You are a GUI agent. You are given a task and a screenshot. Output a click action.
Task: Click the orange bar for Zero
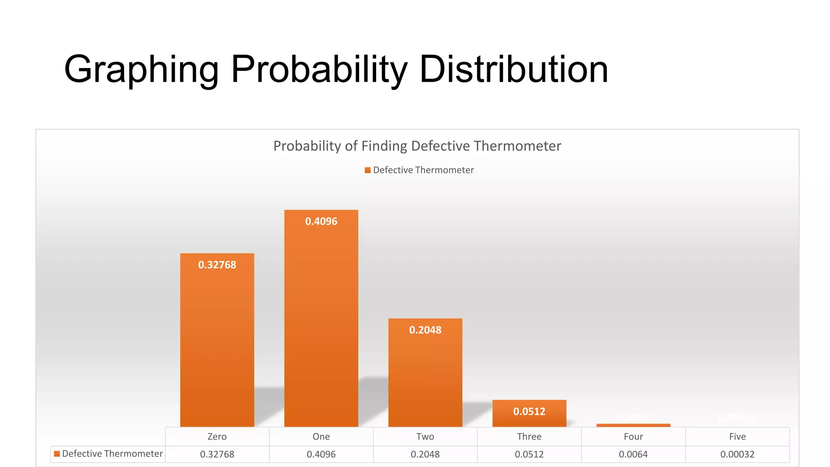click(x=217, y=345)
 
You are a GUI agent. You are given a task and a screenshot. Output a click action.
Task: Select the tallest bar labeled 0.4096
click(x=321, y=320)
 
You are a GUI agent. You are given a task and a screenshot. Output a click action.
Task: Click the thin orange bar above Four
click(x=633, y=425)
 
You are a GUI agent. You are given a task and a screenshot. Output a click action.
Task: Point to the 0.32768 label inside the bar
click(x=217, y=265)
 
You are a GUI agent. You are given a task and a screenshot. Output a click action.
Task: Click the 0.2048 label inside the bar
click(x=425, y=330)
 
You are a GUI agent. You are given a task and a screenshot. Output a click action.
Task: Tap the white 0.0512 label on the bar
click(x=529, y=411)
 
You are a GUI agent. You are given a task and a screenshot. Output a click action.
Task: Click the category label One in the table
click(x=321, y=437)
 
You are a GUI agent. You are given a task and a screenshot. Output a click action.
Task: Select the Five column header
click(x=737, y=437)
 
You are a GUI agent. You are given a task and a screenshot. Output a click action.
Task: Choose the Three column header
click(x=529, y=437)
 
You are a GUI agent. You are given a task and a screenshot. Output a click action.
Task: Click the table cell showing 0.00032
click(x=737, y=454)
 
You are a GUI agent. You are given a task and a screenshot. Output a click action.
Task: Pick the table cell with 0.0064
click(x=633, y=454)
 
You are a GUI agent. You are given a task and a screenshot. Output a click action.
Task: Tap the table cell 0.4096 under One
click(x=321, y=454)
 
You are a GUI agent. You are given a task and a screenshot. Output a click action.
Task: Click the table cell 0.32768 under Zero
click(x=217, y=454)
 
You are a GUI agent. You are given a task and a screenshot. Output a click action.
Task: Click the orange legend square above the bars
click(x=368, y=170)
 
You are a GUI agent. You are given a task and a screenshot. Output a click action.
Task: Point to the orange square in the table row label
click(x=57, y=454)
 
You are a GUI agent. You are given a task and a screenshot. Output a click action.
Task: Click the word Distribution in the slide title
click(x=513, y=69)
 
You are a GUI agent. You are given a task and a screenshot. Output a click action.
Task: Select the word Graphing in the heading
click(x=141, y=70)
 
